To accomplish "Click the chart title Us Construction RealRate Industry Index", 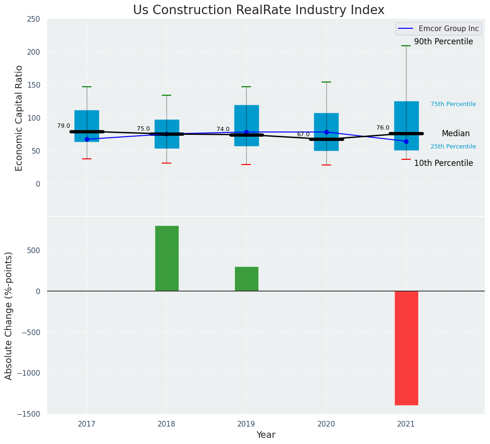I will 258,10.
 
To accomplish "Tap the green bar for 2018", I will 166,258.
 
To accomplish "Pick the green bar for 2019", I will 246,279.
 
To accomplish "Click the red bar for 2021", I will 406,348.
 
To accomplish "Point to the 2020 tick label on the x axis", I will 326,424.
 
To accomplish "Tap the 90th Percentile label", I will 443,42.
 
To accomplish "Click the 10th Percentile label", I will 443,164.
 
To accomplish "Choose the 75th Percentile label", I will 453,104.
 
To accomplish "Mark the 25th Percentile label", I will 453,147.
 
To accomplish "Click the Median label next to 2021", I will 456,134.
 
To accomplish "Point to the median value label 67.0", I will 303,134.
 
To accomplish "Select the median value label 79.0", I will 64,126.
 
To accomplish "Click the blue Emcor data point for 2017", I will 87,139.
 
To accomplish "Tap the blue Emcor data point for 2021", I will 406,141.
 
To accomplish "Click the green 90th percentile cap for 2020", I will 326,82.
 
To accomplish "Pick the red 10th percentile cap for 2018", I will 166,163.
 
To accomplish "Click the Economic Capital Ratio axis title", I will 19,118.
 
